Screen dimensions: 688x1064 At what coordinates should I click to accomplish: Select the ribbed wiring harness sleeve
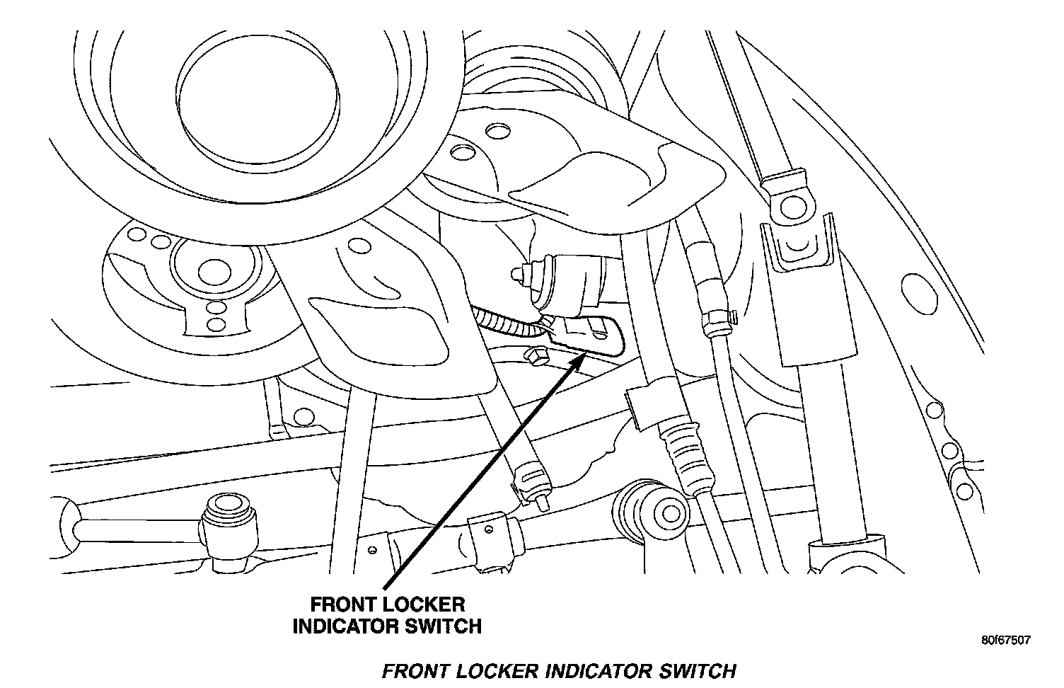[x=506, y=323]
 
